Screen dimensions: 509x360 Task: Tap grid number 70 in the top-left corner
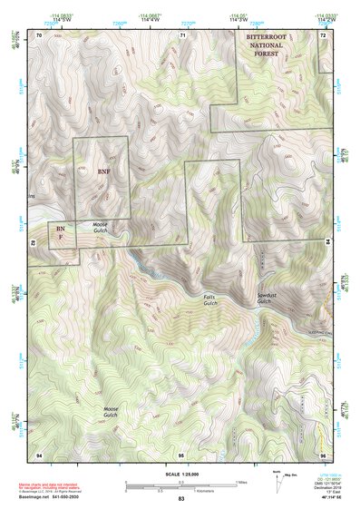(39, 34)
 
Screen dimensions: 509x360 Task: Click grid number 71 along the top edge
(182, 34)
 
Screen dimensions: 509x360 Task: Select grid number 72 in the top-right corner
(323, 34)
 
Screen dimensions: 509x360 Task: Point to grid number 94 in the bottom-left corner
(39, 453)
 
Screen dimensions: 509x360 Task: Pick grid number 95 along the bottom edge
(181, 453)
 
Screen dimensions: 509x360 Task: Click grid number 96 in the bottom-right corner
(323, 453)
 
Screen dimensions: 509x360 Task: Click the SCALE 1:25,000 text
(180, 475)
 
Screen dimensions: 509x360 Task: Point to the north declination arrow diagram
(277, 478)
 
